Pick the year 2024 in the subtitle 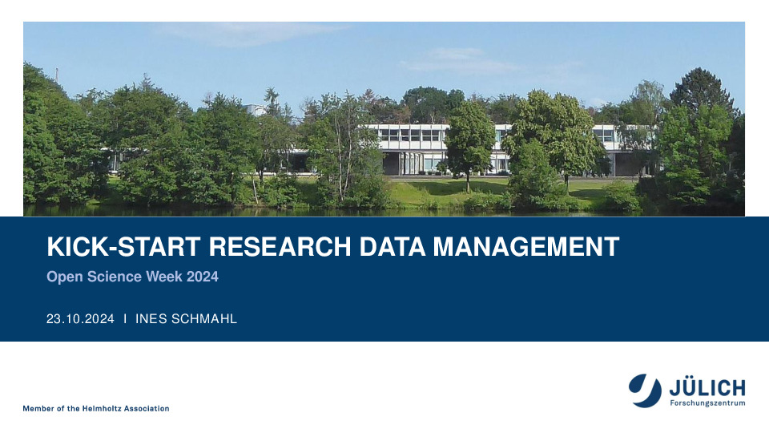202,277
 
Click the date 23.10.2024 80,319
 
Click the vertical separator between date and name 125,319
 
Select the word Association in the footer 147,408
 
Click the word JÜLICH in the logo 707,388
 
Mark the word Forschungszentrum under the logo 707,403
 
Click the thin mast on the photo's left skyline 57,75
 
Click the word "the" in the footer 73,408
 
